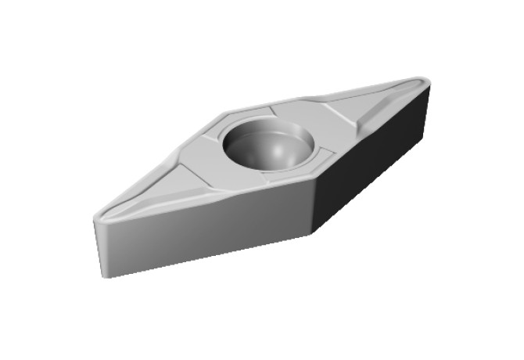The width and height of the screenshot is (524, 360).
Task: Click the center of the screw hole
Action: click(268, 144)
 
